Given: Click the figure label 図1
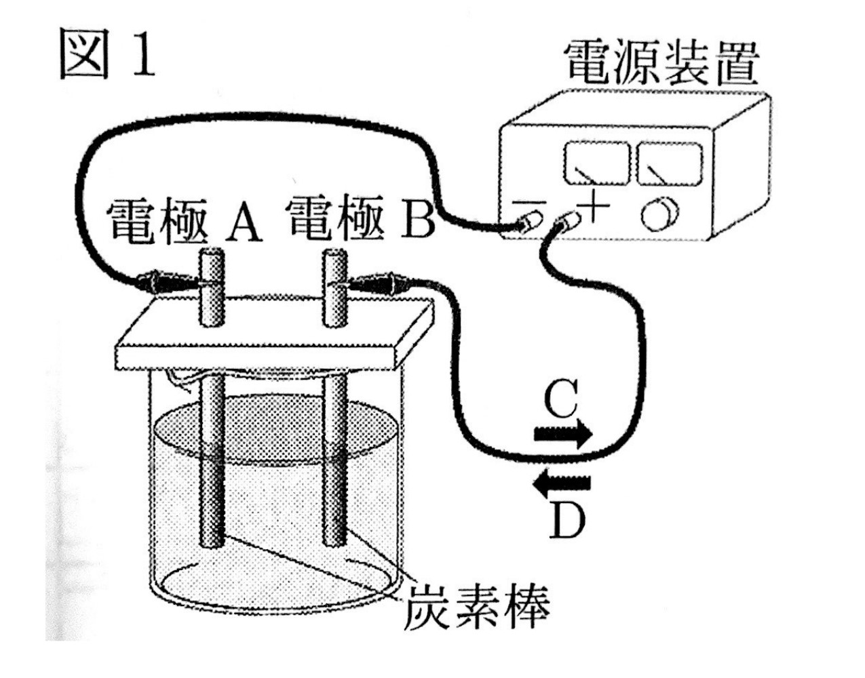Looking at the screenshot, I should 107,54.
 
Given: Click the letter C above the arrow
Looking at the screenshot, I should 561,400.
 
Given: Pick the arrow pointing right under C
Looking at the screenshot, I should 562,435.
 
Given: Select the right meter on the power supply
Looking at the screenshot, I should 668,163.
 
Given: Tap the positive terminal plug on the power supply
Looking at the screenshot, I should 567,220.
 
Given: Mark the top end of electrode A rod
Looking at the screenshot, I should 212,258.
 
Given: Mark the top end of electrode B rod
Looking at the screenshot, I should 333,258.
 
